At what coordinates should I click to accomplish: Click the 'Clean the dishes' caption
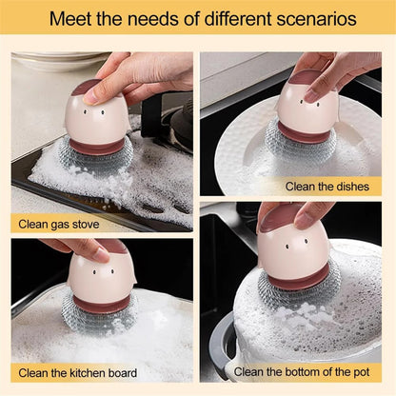(x=326, y=186)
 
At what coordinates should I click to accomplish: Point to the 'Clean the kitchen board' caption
(x=78, y=372)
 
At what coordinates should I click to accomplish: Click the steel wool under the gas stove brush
(x=93, y=155)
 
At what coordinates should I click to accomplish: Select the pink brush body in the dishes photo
(x=307, y=106)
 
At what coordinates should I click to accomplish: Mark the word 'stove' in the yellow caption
(x=82, y=226)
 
